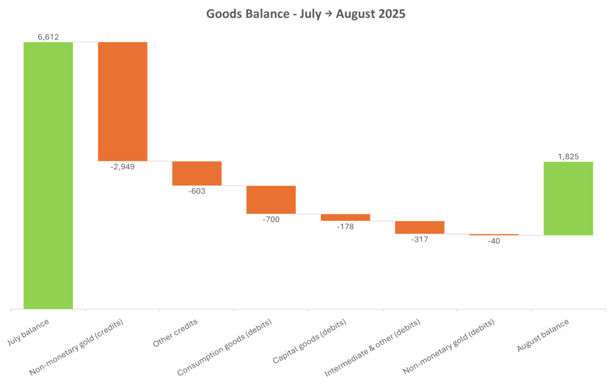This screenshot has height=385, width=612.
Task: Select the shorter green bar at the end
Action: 568,198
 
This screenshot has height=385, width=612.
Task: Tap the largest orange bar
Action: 123,101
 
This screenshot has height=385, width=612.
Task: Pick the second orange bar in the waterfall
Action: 197,173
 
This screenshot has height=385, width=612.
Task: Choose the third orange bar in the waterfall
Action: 271,200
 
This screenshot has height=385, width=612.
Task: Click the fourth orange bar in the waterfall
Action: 345,218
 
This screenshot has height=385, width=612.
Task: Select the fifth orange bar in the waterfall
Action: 419,227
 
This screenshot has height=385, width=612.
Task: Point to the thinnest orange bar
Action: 494,234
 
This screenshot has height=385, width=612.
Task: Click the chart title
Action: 306,13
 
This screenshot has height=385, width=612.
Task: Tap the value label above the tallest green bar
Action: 48,36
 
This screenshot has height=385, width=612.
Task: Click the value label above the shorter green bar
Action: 568,156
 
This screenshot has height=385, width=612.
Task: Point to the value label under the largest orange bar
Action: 123,167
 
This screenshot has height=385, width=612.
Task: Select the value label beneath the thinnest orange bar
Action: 495,241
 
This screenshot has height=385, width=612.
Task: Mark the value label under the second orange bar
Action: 197,191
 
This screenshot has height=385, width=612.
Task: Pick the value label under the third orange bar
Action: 271,219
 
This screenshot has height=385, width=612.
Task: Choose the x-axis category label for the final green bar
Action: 543,336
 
